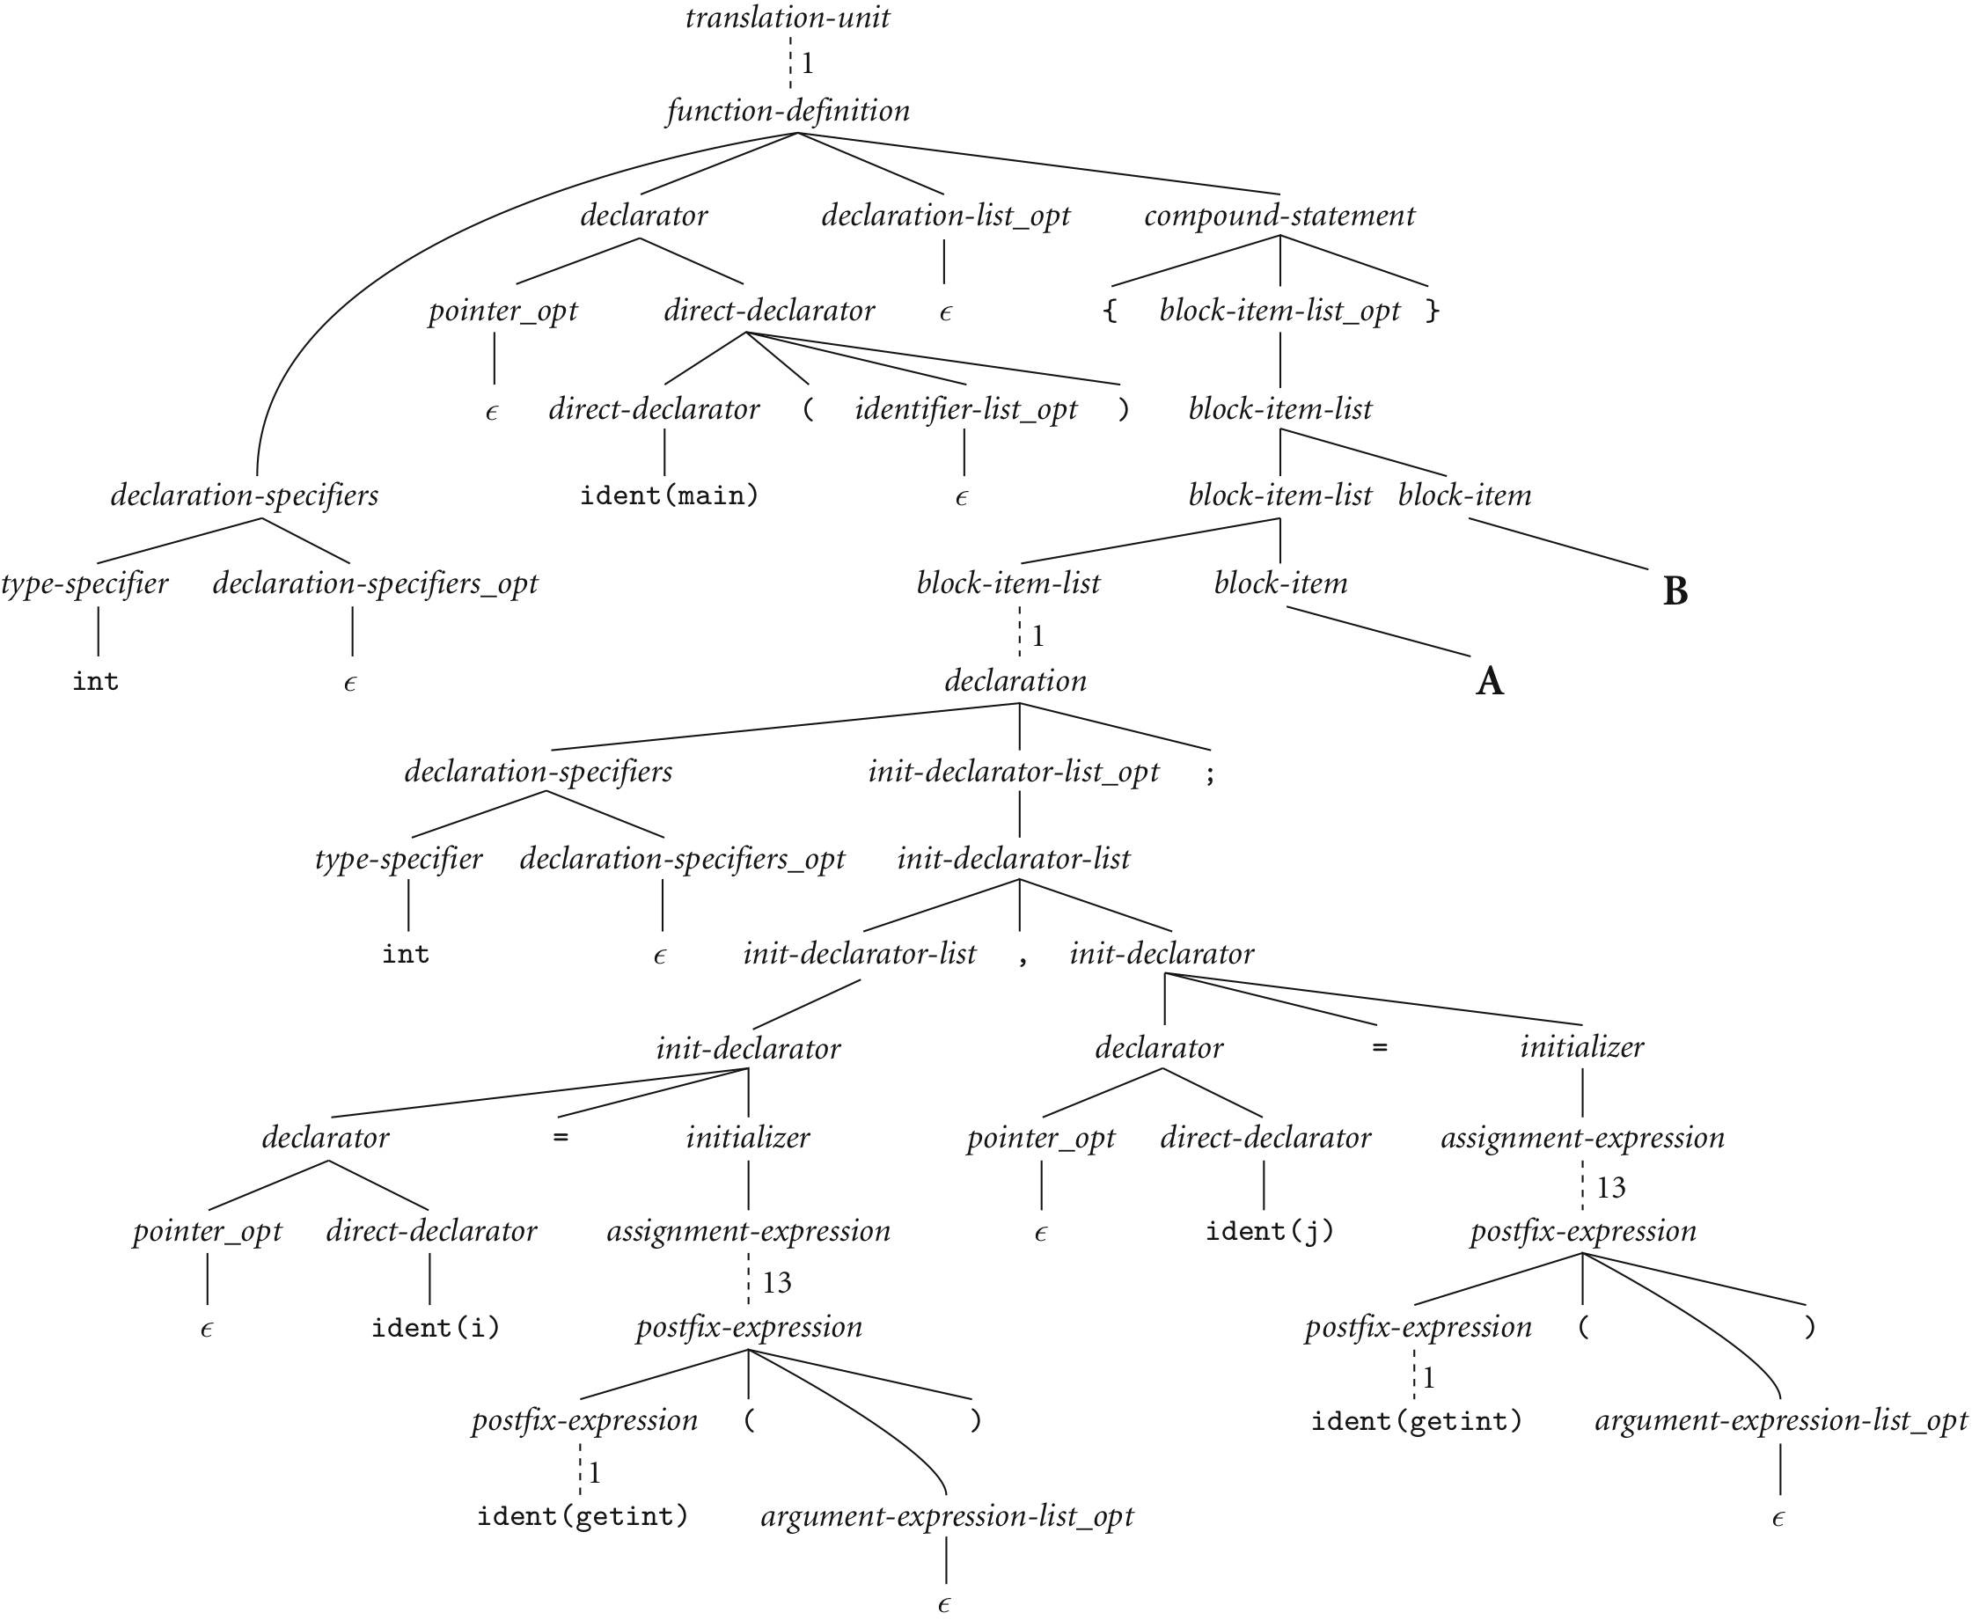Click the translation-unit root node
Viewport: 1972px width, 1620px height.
(x=787, y=18)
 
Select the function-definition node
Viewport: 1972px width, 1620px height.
(x=788, y=111)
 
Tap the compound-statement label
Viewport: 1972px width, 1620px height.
(x=1279, y=216)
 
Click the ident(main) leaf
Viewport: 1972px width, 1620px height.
(x=669, y=495)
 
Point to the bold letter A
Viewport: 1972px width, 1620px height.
(x=1489, y=681)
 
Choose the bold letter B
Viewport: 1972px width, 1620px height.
(x=1675, y=591)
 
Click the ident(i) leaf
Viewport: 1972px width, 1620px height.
(x=436, y=1327)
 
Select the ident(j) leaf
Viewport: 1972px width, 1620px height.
(x=1269, y=1232)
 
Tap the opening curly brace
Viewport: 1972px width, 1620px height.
(x=1110, y=311)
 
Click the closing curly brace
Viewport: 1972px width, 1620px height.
(x=1432, y=311)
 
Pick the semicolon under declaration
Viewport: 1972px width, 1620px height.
(x=1210, y=774)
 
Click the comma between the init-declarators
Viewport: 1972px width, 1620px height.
(x=1023, y=957)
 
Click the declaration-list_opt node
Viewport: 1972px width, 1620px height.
(x=944, y=216)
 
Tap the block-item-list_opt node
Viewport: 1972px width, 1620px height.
(x=1279, y=311)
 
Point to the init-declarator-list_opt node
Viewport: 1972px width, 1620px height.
(x=1013, y=772)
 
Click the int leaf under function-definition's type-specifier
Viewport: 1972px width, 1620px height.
(x=95, y=682)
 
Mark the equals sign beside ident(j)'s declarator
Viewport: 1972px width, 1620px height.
(x=1380, y=1048)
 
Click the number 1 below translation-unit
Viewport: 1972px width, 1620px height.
(x=807, y=63)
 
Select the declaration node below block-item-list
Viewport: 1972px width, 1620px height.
(x=1015, y=680)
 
